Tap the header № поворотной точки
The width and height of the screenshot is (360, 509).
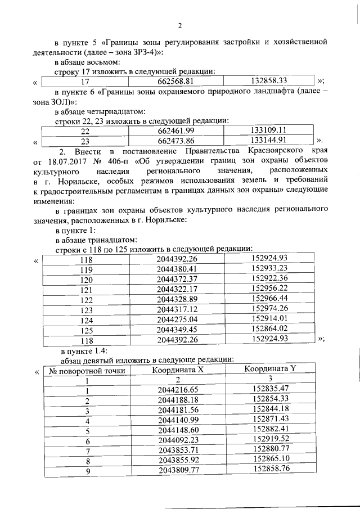(x=87, y=371)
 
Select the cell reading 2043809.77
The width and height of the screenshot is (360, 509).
(x=179, y=470)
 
